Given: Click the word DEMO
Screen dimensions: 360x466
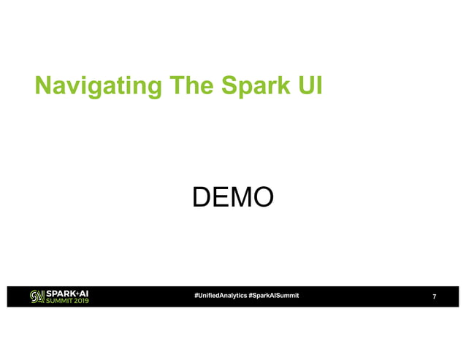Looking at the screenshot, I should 232,196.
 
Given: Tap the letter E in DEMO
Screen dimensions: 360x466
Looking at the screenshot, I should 221,196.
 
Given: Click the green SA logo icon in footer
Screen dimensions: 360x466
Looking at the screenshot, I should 37,296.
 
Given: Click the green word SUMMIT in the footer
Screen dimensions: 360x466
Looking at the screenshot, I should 58,300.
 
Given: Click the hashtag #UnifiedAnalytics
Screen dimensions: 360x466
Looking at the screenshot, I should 219,295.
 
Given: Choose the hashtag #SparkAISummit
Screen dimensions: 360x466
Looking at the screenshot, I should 273,295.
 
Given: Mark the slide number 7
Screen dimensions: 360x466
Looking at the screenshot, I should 435,296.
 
